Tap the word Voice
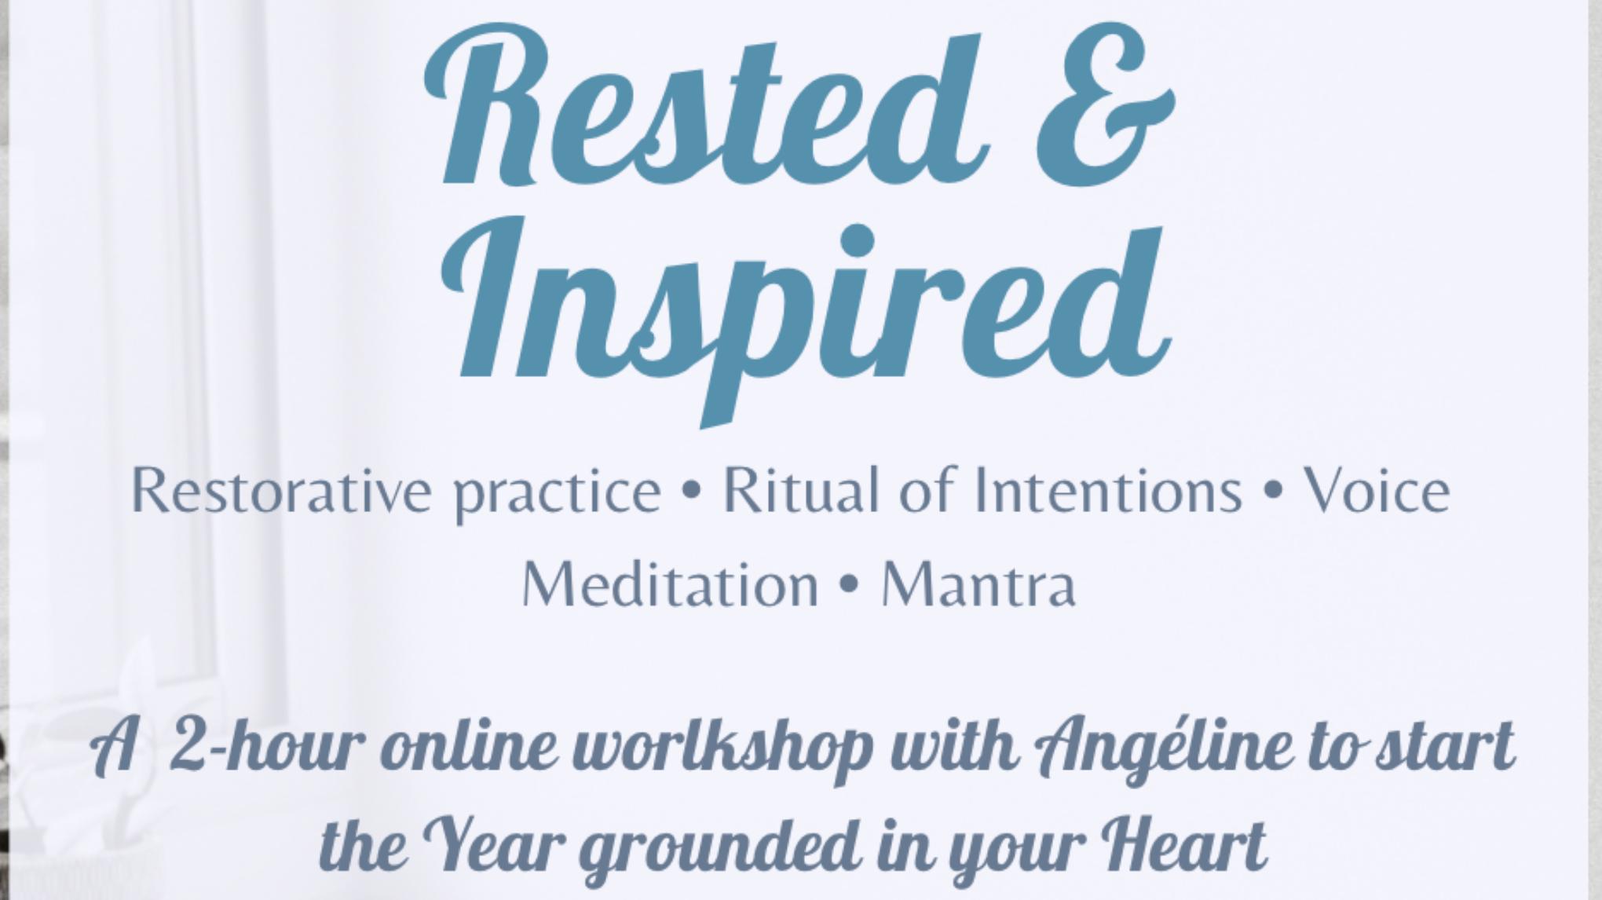(1377, 491)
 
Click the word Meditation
(671, 585)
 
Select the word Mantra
(978, 585)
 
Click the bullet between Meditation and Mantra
(849, 587)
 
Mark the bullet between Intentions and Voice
(1273, 492)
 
